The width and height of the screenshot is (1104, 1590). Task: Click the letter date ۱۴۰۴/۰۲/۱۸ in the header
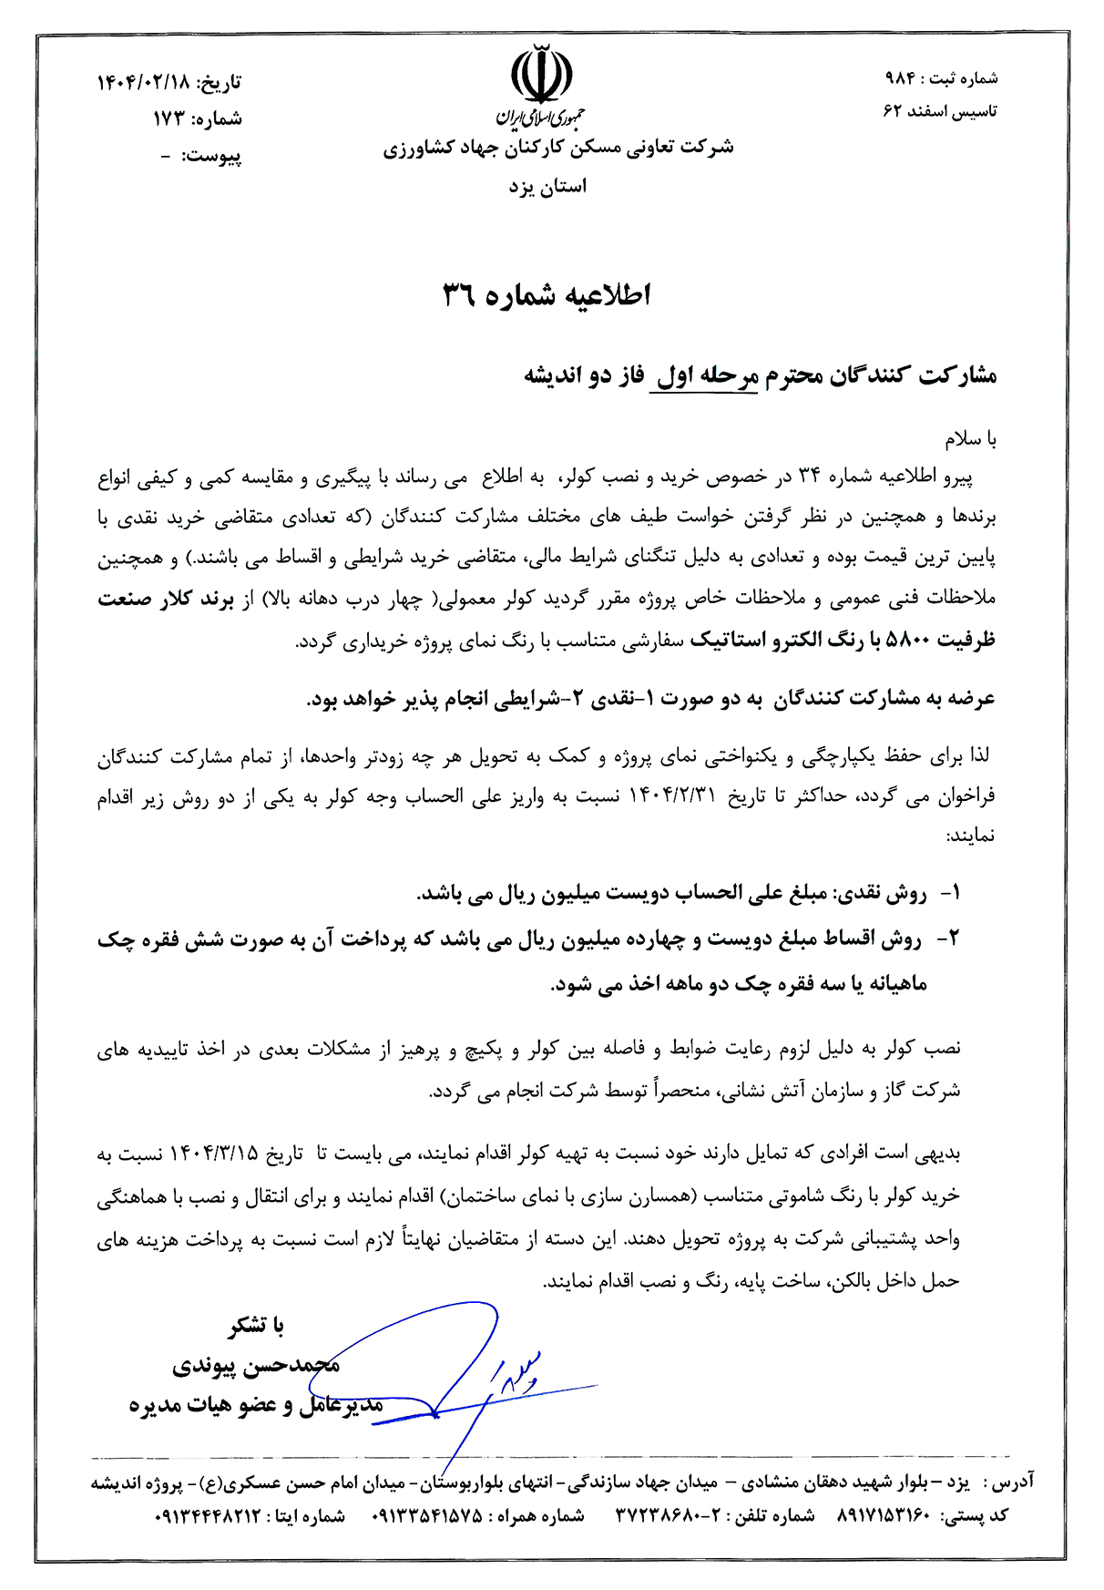point(143,83)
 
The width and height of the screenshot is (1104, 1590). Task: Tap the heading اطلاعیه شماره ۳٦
point(547,295)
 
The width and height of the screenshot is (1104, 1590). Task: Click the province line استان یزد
point(547,187)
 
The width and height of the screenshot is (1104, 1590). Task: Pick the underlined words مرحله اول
point(703,376)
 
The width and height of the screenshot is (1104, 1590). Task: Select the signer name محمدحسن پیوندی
point(256,1366)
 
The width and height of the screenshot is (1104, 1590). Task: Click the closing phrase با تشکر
point(256,1327)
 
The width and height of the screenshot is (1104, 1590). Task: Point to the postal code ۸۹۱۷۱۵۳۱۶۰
point(881,1516)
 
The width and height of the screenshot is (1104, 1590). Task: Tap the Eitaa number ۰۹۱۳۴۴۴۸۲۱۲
point(209,1516)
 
